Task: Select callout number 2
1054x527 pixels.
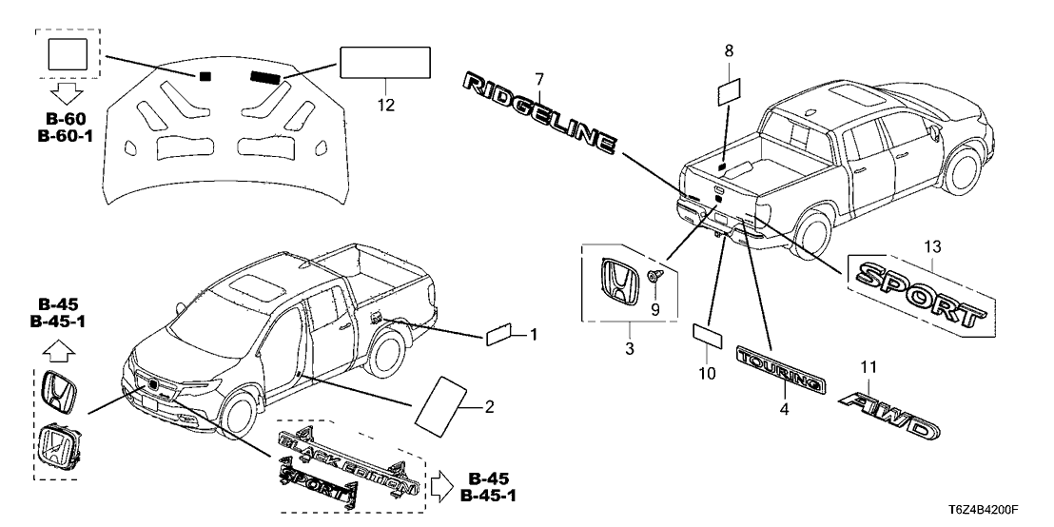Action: coord(490,407)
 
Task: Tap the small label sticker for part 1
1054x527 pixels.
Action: coord(501,334)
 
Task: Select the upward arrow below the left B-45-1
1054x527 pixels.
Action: coord(58,353)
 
